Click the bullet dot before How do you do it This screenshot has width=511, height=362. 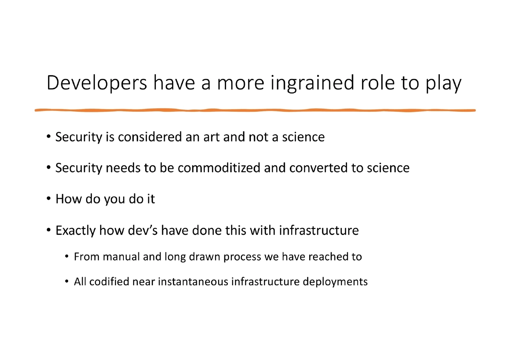[49, 199]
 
